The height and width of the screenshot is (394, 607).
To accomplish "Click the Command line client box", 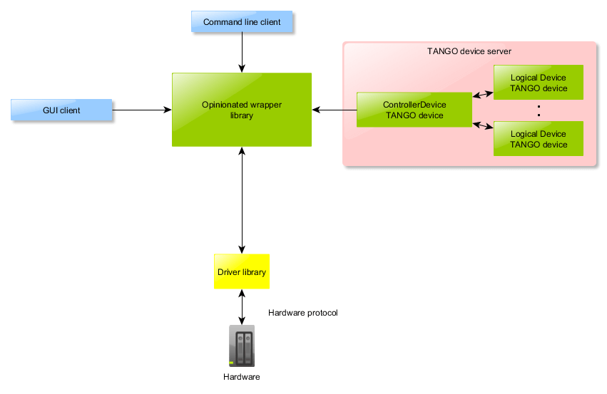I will (242, 22).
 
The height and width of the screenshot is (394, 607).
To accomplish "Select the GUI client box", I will (62, 110).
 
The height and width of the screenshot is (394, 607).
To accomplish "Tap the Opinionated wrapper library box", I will (242, 110).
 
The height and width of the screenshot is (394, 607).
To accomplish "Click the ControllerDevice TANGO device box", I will (414, 110).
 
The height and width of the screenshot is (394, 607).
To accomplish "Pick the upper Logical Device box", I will (539, 83).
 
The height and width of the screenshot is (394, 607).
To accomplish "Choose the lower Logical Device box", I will (539, 139).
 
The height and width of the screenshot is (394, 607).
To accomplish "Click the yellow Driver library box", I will (242, 271).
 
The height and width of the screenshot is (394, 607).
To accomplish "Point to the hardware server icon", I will (242, 346).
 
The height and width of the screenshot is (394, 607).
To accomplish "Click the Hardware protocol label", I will (302, 313).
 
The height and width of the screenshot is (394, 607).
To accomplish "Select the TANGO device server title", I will (469, 52).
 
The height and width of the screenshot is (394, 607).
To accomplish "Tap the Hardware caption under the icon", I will (242, 377).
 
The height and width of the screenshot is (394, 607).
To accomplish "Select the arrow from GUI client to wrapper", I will (142, 110).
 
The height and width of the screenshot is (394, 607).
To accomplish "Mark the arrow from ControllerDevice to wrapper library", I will (335, 110).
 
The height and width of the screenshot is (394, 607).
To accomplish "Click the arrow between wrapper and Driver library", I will (242, 199).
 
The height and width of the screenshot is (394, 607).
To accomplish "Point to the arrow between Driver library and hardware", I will (242, 306).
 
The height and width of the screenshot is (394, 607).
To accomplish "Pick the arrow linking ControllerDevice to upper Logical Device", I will (483, 93).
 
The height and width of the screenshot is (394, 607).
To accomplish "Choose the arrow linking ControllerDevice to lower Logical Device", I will (483, 126).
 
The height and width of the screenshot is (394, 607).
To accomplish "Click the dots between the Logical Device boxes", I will (539, 110).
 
